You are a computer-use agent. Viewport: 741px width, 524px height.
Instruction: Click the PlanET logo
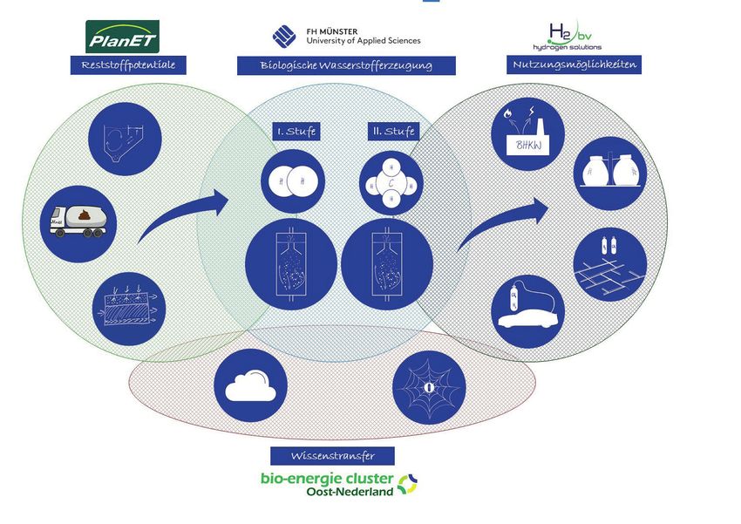tap(122, 37)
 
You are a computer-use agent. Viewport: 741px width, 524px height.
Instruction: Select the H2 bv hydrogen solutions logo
tap(567, 37)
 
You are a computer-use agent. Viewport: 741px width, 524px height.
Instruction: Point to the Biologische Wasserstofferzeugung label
tap(346, 65)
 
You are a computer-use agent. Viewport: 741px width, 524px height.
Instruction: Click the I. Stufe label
tap(296, 132)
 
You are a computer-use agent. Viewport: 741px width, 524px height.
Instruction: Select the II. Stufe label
tap(393, 132)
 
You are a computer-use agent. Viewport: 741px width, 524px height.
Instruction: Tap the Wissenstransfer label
tap(331, 456)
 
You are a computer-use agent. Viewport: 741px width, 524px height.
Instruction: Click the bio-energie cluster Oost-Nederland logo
tap(339, 483)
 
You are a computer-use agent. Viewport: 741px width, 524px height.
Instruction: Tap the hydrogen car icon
tap(527, 310)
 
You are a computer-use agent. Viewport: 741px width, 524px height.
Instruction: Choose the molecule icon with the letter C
tap(391, 184)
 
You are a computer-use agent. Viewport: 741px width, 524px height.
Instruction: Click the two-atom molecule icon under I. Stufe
tap(296, 182)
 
